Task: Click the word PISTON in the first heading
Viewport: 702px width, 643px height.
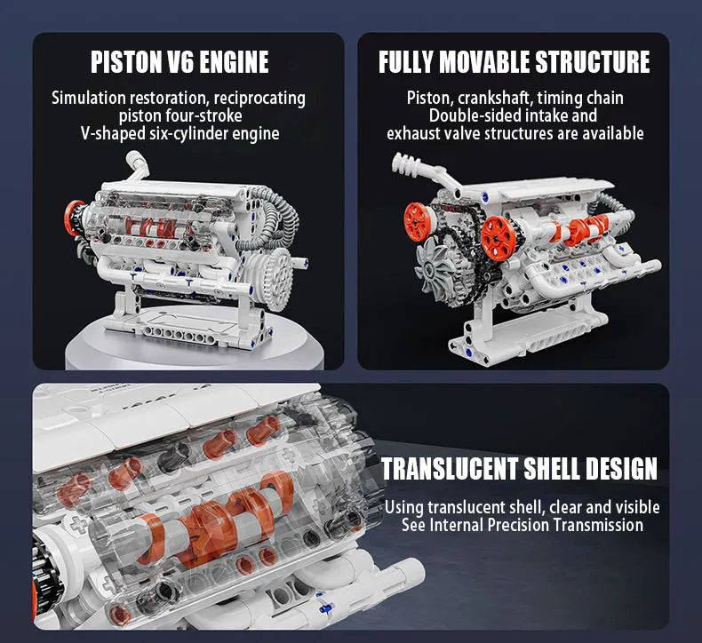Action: [x=127, y=62]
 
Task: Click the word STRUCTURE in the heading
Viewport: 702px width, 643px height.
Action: [x=592, y=62]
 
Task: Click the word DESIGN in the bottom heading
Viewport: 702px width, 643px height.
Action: [x=618, y=468]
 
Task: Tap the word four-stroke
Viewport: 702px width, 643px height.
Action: [x=205, y=116]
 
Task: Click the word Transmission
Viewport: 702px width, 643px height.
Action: [x=599, y=525]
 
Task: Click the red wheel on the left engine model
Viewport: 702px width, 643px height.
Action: [x=73, y=218]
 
